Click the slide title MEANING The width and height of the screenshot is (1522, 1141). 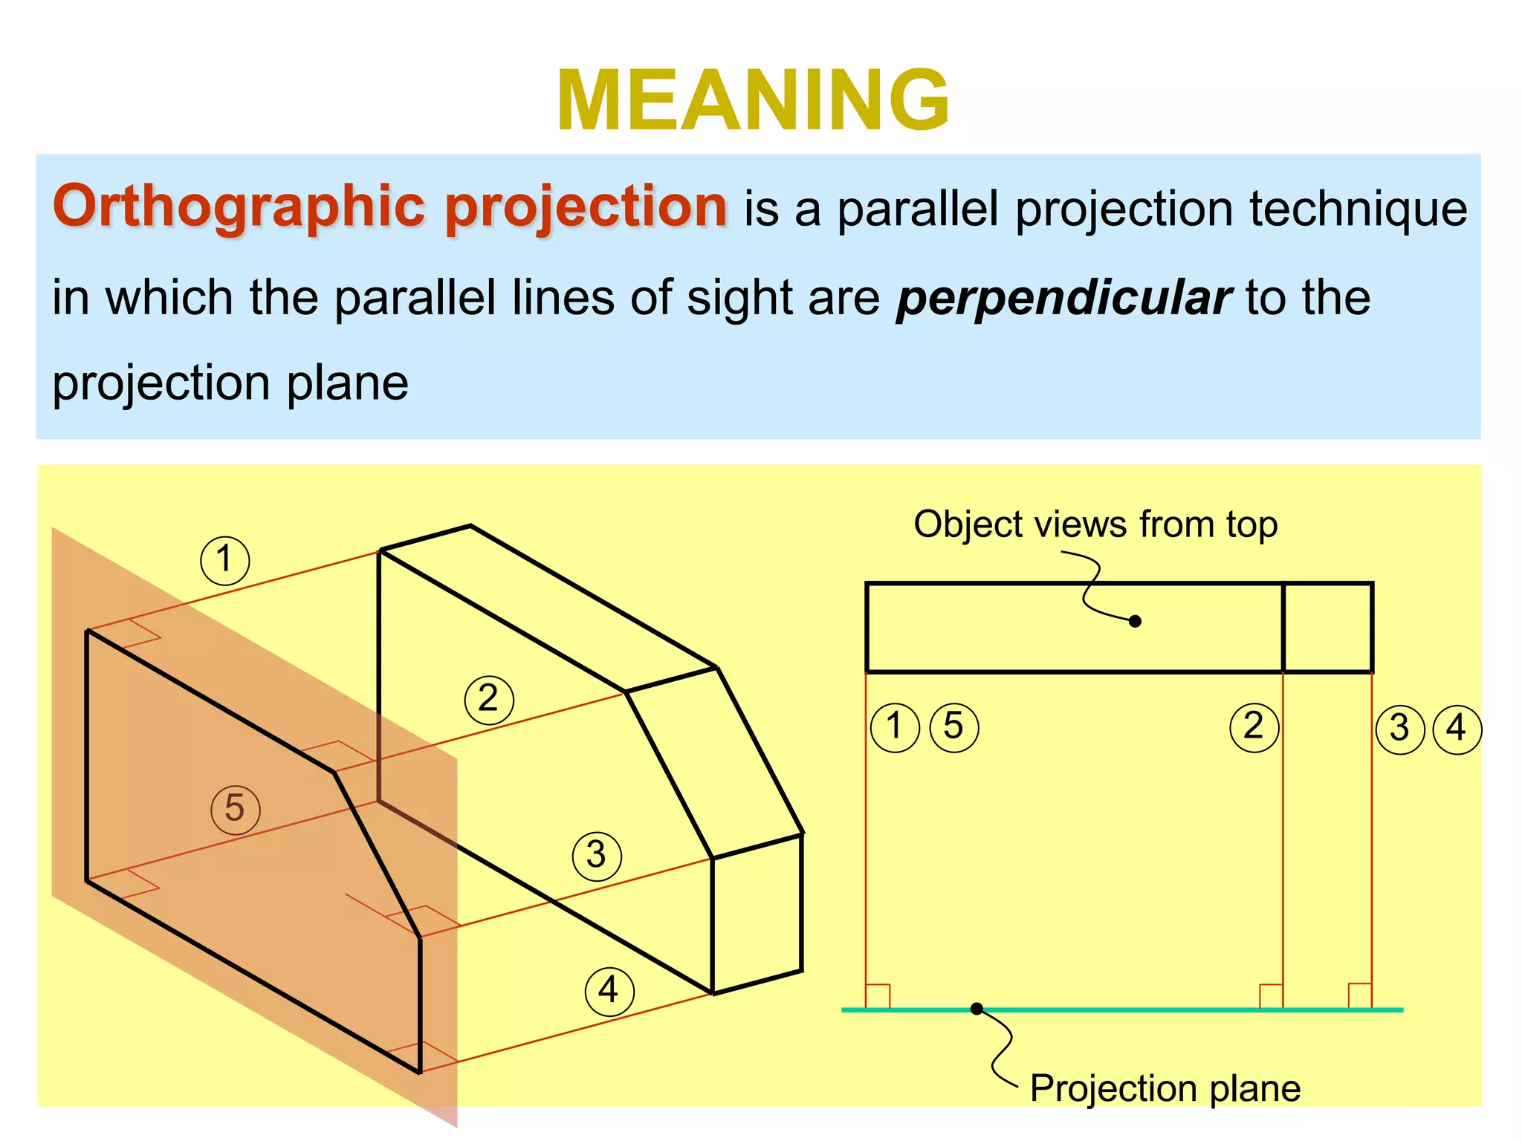753,101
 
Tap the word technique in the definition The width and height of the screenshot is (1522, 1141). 1358,209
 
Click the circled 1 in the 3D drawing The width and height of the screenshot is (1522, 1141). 225,560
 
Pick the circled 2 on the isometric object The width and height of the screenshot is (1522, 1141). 488,700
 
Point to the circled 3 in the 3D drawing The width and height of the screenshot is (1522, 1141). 597,856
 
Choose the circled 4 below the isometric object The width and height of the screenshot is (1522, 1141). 609,991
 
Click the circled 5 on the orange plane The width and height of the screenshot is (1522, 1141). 235,809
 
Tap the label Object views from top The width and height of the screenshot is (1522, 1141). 1095,524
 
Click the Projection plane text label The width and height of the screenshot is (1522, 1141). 1165,1089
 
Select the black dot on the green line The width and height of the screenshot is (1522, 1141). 977,1008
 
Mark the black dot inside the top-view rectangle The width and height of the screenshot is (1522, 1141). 1135,621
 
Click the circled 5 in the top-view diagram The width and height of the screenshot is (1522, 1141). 954,727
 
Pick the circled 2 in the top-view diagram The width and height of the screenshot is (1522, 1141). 1254,727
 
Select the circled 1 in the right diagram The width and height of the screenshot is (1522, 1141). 895,727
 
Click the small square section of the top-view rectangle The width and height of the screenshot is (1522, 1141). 1327,628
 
